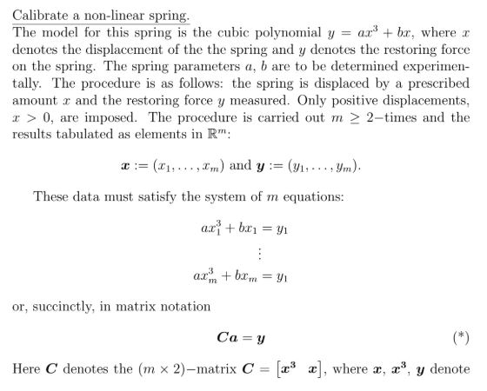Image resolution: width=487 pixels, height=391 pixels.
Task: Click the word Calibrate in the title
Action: (40, 16)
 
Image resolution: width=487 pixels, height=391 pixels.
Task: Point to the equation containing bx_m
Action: (242, 278)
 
